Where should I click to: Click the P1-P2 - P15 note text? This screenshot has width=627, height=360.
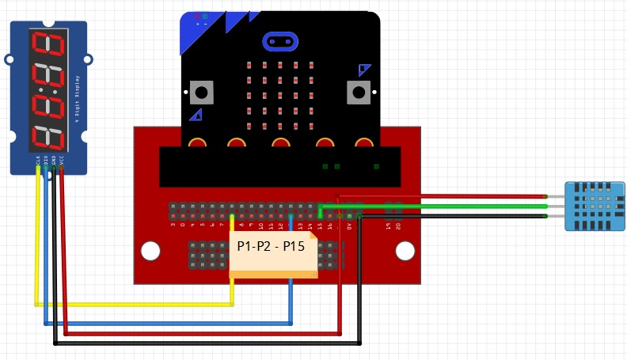tap(272, 246)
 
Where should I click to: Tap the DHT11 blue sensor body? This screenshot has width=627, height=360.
tap(593, 206)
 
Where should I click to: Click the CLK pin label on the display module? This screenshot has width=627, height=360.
tap(37, 161)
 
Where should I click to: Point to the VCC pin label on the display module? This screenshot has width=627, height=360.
tap(62, 161)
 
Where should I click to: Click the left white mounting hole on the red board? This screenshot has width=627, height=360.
tap(150, 252)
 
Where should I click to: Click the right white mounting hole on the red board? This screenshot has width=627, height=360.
tap(405, 252)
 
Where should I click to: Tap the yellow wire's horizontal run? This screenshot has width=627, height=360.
tap(135, 303)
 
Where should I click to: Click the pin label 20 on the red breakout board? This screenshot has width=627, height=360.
tap(398, 226)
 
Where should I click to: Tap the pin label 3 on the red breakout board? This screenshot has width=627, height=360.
tap(173, 226)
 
